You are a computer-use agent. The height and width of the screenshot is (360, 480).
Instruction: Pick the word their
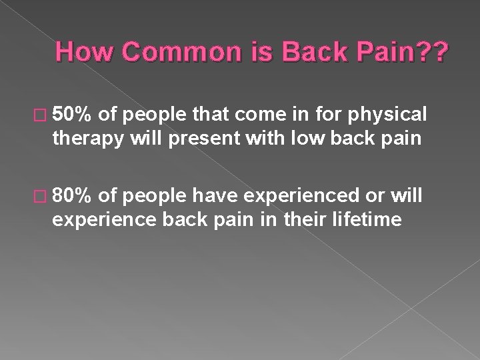pos(303,219)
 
